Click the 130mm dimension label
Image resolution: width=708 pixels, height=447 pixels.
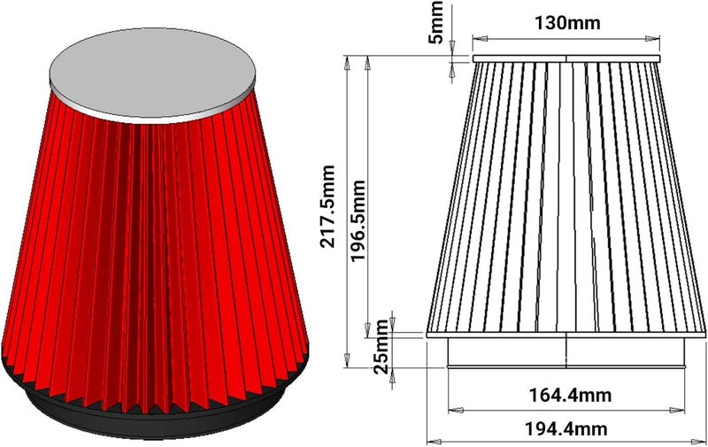point(567,23)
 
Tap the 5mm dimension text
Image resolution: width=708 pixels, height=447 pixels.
point(435,23)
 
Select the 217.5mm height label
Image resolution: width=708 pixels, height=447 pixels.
point(327,206)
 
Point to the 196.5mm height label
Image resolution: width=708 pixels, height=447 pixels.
point(358,220)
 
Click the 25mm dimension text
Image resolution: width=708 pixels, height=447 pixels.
point(381,347)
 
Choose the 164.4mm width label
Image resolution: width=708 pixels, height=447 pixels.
point(570,395)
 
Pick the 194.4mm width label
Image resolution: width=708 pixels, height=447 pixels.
point(566,428)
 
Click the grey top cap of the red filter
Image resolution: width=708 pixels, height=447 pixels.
point(152,74)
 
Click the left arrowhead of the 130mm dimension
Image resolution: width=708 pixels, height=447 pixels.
point(480,39)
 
